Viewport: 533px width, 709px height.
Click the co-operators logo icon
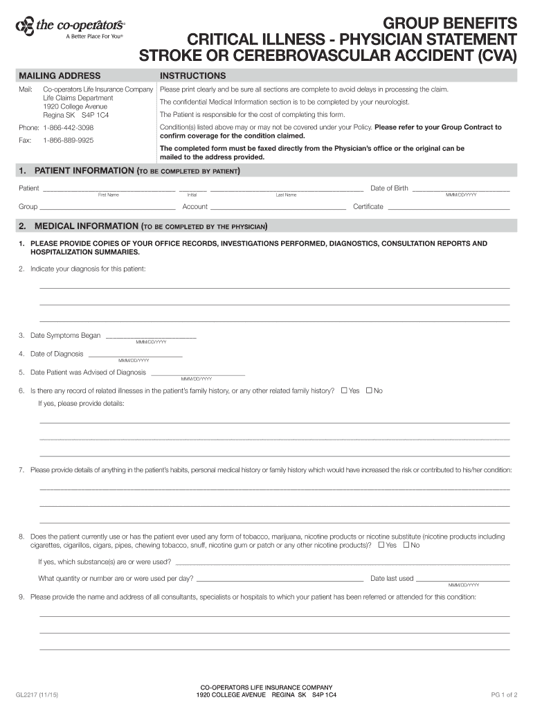point(24,26)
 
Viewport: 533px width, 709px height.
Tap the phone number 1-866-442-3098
point(68,128)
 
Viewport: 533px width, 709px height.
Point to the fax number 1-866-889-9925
point(68,140)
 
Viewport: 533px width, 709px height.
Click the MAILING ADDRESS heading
point(60,75)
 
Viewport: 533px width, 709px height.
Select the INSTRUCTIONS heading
point(192,75)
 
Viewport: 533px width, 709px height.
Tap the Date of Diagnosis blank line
point(134,354)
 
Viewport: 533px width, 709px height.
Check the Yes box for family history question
point(344,391)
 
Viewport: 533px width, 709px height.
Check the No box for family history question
point(369,391)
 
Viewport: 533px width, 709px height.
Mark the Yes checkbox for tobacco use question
point(381,545)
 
